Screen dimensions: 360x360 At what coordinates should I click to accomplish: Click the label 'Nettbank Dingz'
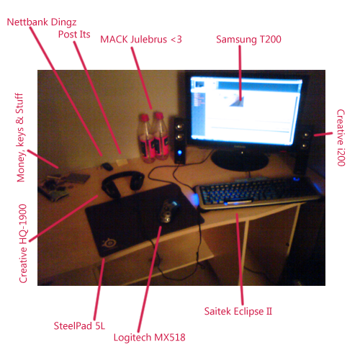[x=42, y=22]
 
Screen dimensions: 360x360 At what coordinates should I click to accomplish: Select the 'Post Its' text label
[x=74, y=35]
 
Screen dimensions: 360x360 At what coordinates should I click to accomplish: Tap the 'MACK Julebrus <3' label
[x=141, y=40]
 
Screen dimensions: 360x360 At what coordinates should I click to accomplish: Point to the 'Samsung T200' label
[x=248, y=40]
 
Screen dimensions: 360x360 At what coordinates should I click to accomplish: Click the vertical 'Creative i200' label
[x=341, y=138]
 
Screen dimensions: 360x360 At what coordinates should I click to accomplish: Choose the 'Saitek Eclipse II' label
[x=238, y=311]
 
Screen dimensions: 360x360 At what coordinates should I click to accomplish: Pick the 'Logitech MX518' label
[x=149, y=337]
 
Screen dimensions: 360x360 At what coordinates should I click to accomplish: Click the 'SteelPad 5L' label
[x=79, y=326]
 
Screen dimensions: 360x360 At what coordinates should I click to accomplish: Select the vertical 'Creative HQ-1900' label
[x=23, y=243]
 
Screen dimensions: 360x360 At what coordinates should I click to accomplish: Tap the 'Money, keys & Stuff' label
[x=20, y=138]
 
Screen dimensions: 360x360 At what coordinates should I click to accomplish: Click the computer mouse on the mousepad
[x=170, y=211]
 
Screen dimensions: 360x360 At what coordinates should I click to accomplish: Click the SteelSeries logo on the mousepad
[x=109, y=243]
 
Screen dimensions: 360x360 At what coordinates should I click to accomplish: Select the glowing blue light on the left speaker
[x=179, y=153]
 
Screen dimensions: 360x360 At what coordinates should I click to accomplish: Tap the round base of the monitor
[x=240, y=161]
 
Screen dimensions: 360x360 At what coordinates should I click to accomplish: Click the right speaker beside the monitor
[x=303, y=149]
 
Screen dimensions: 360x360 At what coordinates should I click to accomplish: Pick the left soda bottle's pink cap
[x=145, y=117]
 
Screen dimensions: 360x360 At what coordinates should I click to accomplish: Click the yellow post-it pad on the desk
[x=122, y=162]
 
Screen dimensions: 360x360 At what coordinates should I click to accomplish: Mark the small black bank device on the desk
[x=107, y=166]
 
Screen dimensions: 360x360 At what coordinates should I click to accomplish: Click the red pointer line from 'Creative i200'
[x=323, y=134]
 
